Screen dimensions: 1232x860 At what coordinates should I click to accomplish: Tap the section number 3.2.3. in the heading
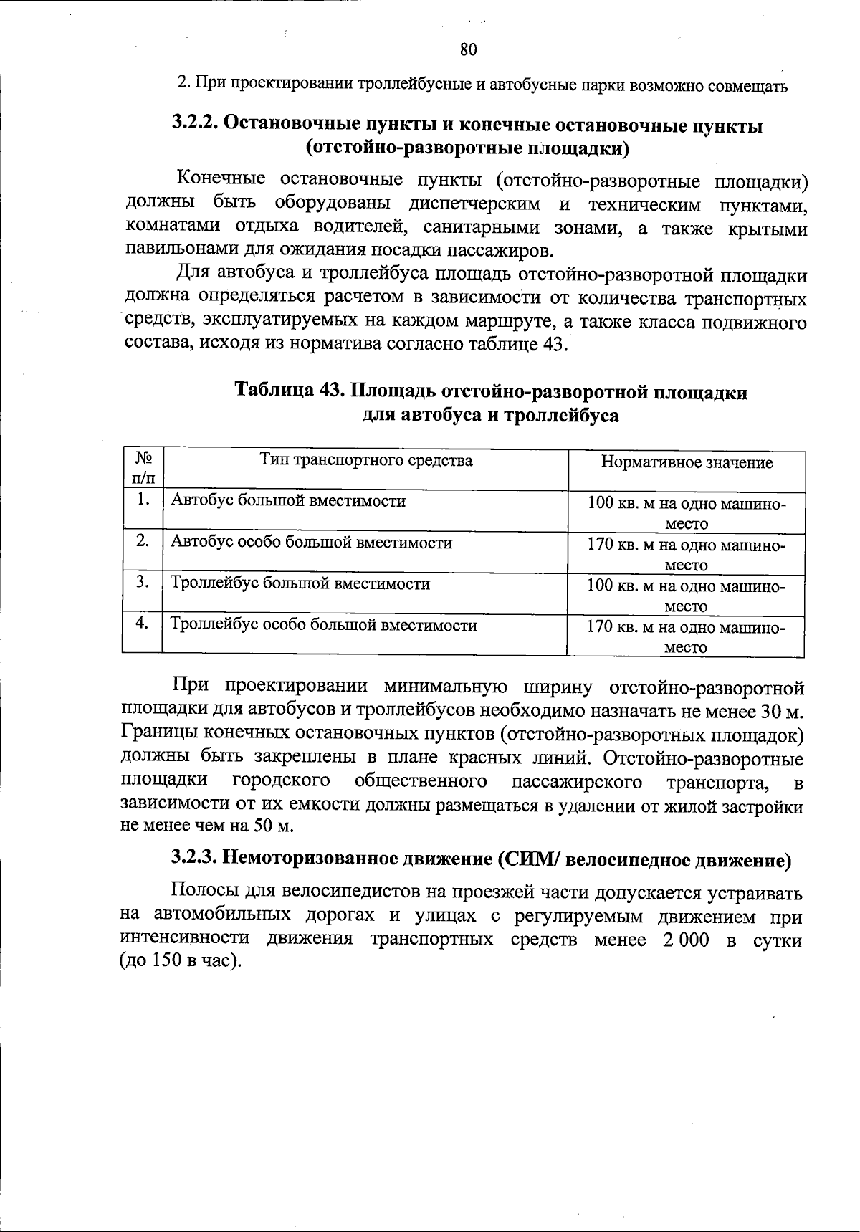point(195,859)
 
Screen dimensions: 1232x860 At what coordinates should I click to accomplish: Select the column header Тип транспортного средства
point(365,460)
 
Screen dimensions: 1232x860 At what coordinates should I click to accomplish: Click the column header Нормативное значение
point(687,462)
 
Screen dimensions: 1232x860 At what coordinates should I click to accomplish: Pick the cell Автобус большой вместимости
point(288,501)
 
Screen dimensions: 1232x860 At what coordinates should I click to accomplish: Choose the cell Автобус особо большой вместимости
point(311,543)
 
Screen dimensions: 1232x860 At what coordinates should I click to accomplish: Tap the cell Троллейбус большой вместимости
point(300,583)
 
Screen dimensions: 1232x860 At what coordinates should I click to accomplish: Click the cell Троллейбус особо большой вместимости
point(323,625)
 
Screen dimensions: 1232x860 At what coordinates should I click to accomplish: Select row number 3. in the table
point(142,583)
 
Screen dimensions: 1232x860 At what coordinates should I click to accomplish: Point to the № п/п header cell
point(142,467)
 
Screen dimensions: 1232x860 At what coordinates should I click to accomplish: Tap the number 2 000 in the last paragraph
point(682,940)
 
